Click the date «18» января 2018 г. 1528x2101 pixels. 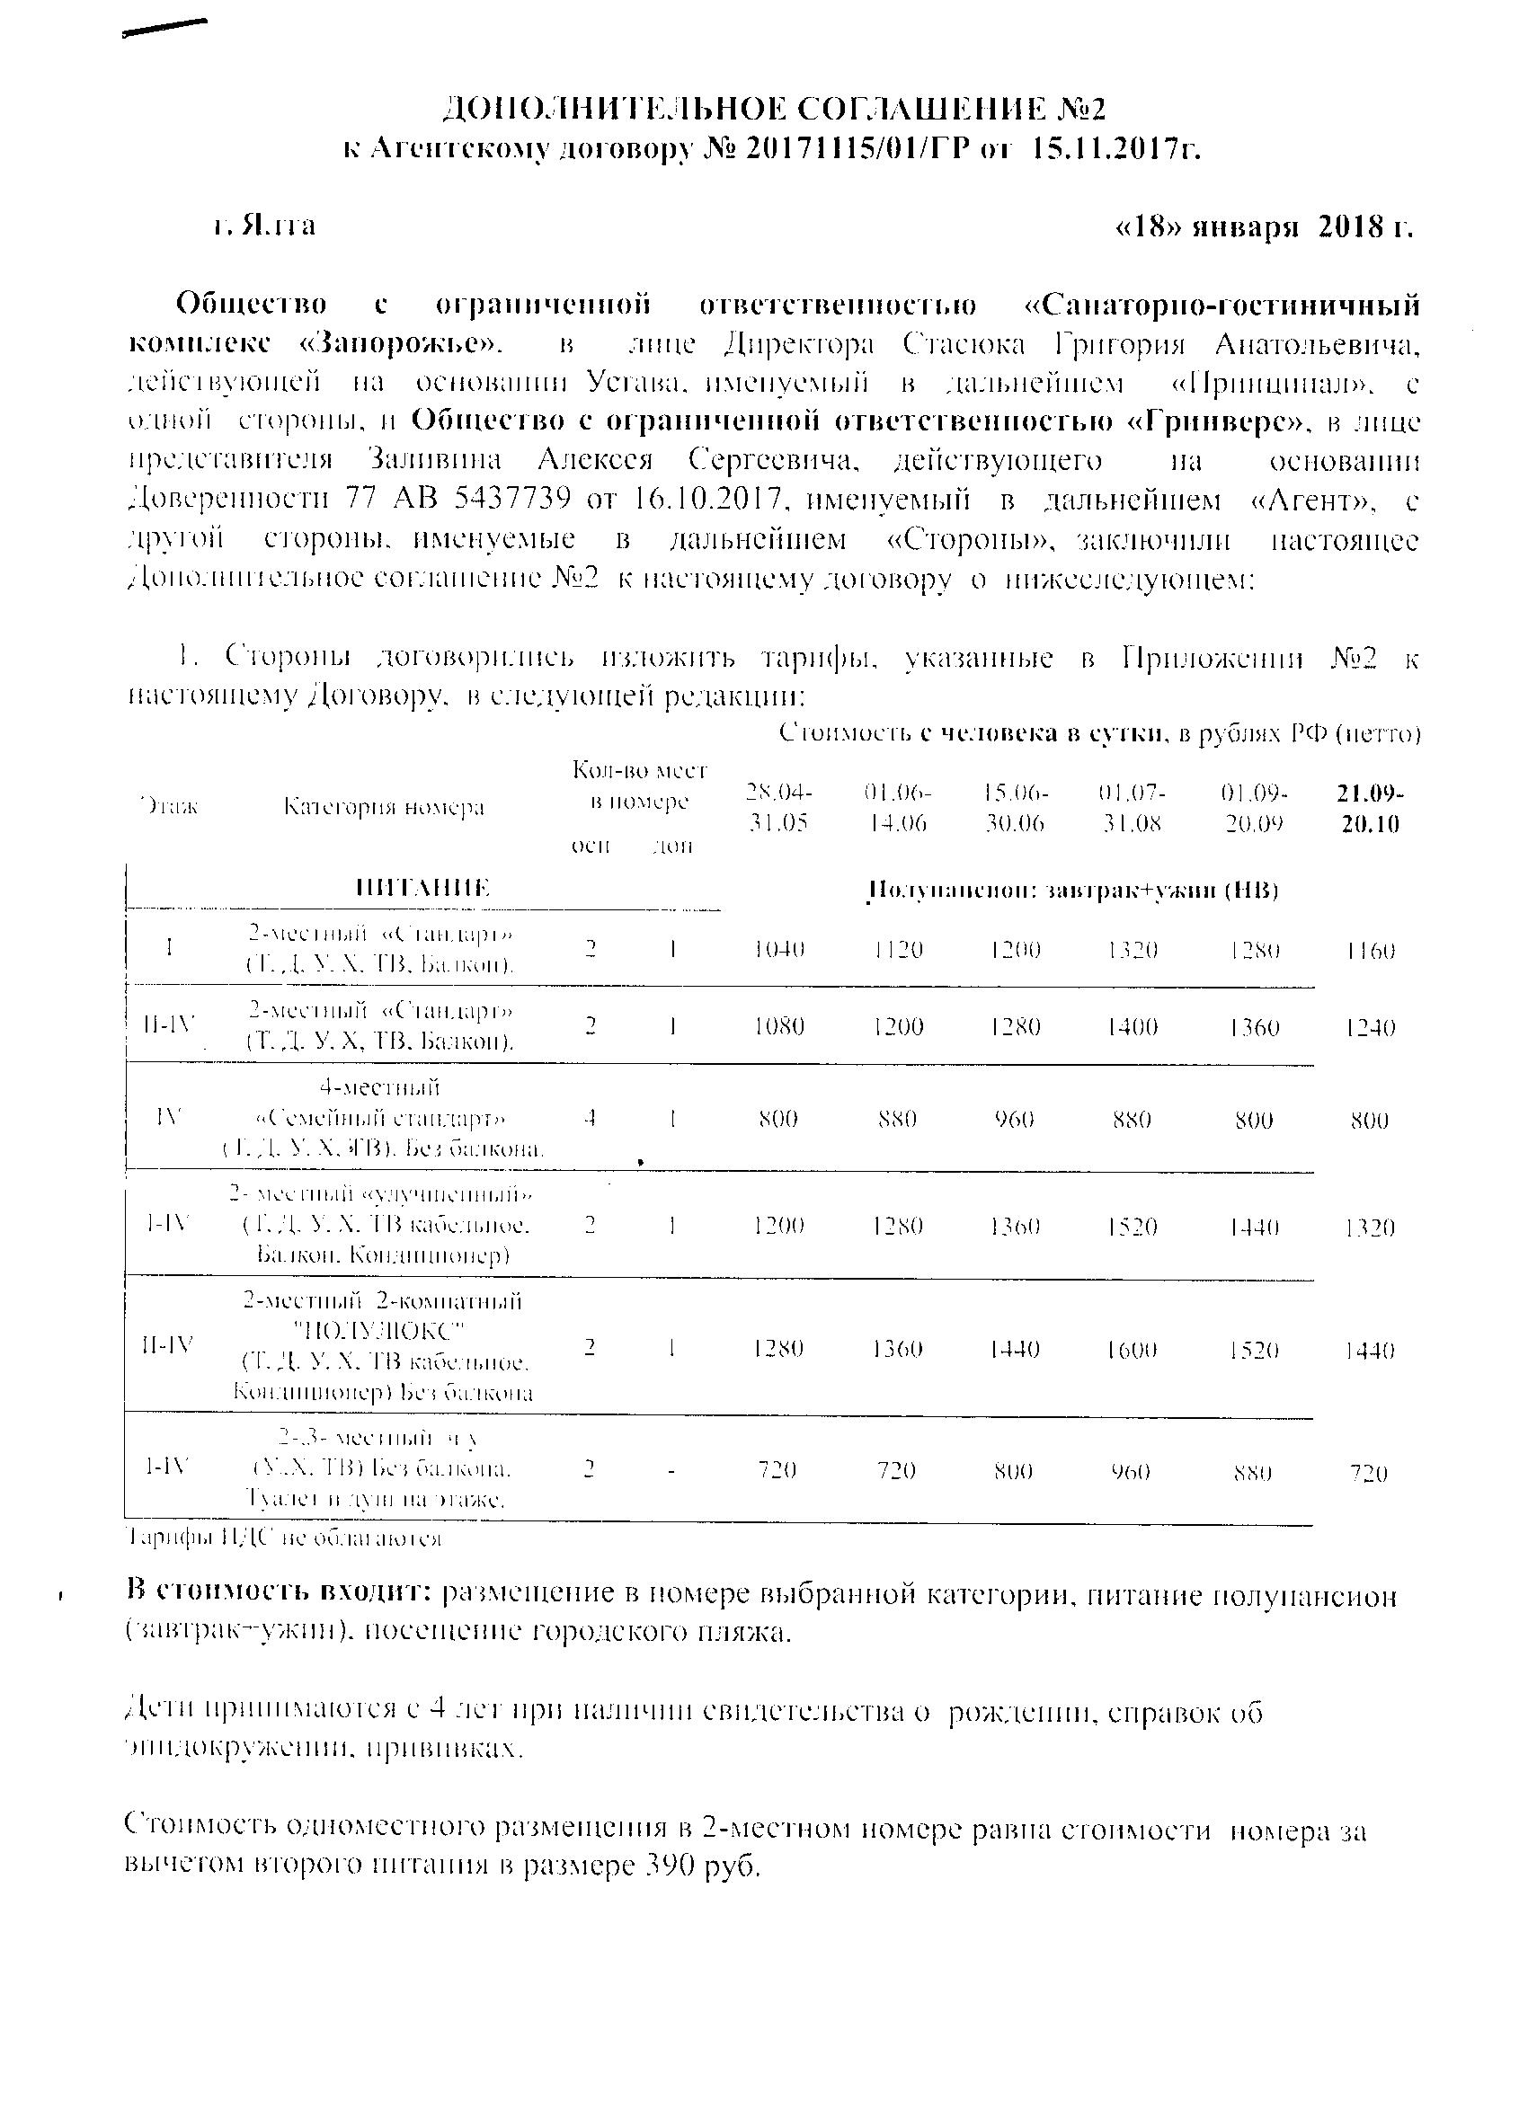[1265, 226]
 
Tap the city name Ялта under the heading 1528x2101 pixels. [276, 225]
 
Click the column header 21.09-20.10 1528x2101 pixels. [1369, 808]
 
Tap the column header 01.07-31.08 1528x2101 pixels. [1132, 808]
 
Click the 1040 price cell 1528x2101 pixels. [778, 949]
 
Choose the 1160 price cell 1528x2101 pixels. [1370, 951]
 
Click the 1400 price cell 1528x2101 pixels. [1132, 1026]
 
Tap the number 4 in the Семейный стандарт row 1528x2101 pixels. [590, 1118]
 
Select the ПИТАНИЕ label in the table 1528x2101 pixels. [423, 889]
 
